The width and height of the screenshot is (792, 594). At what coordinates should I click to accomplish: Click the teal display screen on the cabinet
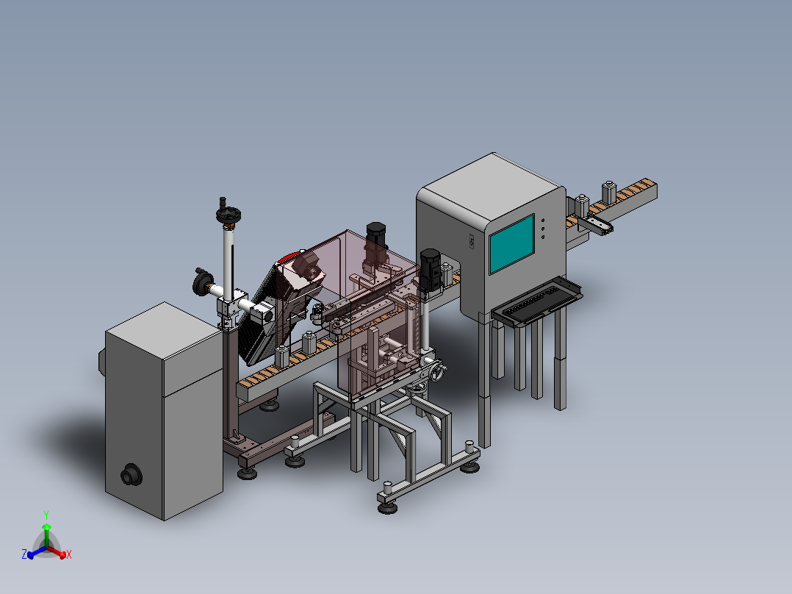[511, 243]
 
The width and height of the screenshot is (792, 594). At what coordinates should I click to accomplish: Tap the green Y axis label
[46, 515]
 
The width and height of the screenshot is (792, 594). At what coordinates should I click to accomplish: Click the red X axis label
[69, 554]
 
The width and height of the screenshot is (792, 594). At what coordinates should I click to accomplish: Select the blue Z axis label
[24, 554]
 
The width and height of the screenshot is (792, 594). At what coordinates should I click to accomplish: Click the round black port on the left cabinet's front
[132, 475]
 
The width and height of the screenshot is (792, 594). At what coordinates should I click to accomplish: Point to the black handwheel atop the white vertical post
[228, 215]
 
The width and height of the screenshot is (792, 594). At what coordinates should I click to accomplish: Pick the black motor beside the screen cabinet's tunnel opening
[431, 270]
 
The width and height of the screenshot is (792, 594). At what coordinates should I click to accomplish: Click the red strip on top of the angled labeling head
[289, 257]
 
